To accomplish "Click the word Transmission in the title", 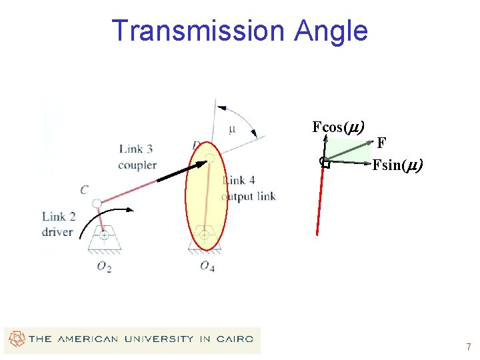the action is [x=197, y=31].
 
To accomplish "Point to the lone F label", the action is [x=381, y=143].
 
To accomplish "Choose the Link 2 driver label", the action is [x=57, y=224].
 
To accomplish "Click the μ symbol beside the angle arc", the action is [x=231, y=129].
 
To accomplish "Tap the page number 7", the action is [x=469, y=347].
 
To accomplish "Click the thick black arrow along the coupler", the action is [x=182, y=171].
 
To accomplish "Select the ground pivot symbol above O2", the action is [x=104, y=237].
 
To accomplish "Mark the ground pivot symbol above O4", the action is [x=205, y=237].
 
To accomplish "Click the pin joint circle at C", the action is [x=97, y=202].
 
